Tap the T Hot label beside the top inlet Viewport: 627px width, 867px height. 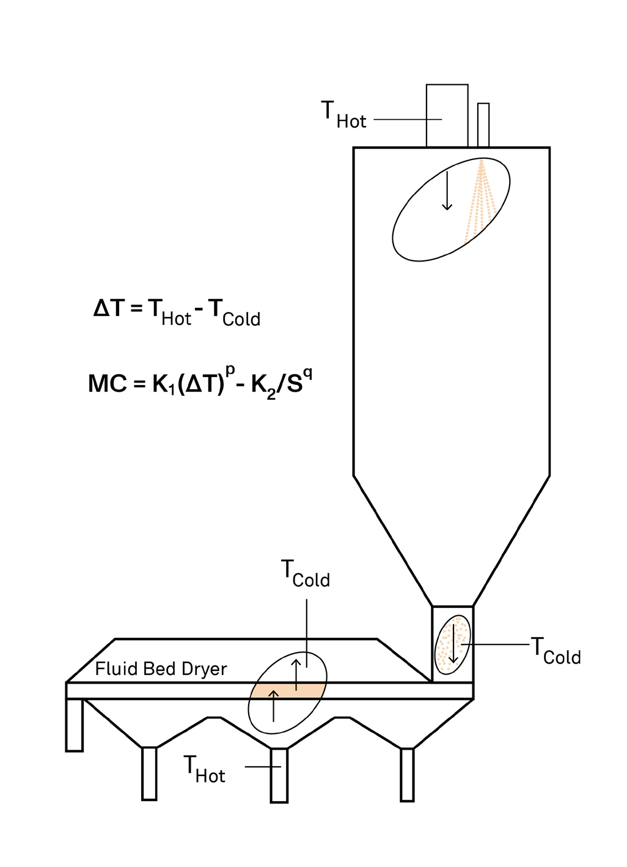point(343,115)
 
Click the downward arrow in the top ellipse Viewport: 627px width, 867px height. point(447,191)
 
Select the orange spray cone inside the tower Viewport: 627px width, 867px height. point(480,201)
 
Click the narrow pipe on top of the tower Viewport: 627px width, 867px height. point(483,125)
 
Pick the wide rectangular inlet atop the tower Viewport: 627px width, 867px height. point(447,115)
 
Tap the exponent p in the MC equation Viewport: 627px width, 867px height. point(230,370)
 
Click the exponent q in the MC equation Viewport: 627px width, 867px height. point(308,374)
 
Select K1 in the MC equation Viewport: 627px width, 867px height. point(164,385)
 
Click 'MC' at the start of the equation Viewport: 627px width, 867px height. point(108,384)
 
